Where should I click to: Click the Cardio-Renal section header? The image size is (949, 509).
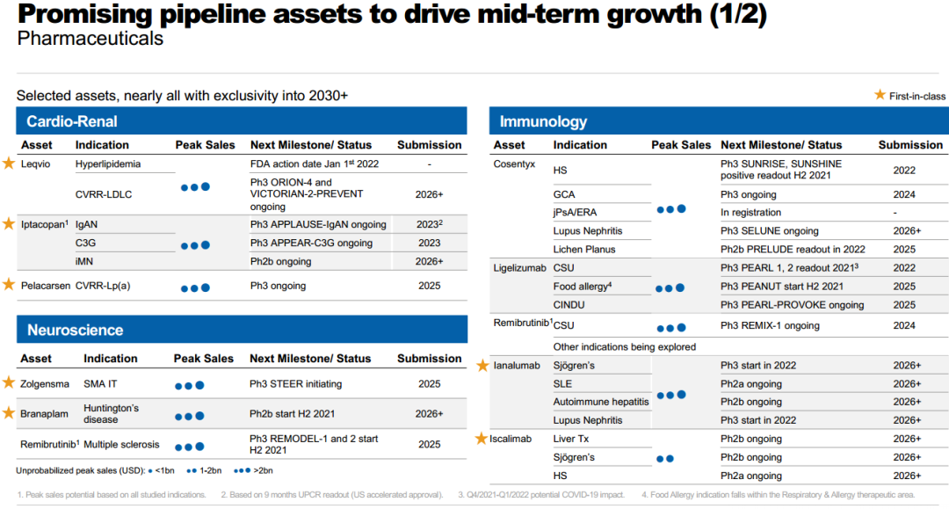[72, 121]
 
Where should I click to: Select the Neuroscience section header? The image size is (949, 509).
[75, 330]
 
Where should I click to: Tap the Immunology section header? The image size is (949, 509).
[543, 121]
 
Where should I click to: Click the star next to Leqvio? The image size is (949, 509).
[9, 164]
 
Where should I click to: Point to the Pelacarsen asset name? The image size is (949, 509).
[46, 286]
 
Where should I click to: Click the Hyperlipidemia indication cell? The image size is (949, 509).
[108, 164]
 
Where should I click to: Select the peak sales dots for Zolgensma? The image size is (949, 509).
[190, 386]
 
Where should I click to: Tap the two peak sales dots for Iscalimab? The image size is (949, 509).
[665, 459]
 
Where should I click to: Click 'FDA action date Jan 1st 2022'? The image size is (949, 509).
[314, 164]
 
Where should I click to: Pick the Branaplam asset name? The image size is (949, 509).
[44, 414]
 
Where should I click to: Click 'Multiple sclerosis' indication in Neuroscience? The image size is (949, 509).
[121, 444]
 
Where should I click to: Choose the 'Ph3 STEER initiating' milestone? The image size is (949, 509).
[295, 383]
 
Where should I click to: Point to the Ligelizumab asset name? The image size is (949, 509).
[519, 268]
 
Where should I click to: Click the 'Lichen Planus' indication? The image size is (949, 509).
[584, 250]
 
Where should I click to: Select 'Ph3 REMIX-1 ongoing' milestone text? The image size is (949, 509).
[770, 325]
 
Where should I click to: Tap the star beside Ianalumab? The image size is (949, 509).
[482, 366]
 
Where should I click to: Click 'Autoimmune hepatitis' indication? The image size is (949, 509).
[601, 402]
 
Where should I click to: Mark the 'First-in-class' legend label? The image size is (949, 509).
[916, 96]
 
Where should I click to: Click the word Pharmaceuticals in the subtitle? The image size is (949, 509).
[91, 39]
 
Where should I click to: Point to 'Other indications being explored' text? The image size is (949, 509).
[625, 346]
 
